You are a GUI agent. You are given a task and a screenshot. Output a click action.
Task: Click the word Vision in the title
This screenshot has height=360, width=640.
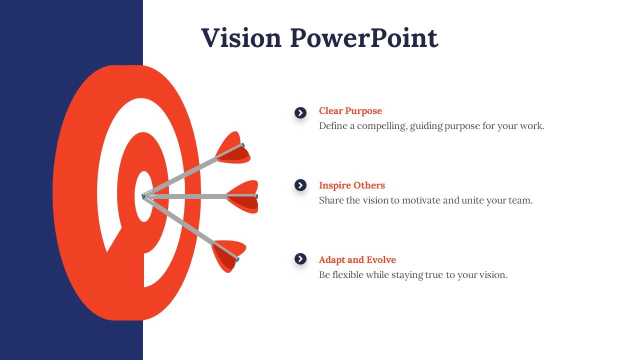click(x=241, y=37)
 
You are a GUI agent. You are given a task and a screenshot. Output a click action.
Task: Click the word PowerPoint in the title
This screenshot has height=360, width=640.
click(x=364, y=37)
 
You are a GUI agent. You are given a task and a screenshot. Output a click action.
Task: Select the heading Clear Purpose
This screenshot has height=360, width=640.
click(x=350, y=111)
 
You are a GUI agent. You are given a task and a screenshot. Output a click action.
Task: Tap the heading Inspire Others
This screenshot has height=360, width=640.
click(x=352, y=185)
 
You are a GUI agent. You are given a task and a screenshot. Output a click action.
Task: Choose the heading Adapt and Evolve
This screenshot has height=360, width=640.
click(x=357, y=259)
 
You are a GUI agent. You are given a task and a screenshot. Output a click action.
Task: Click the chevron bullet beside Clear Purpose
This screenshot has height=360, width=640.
click(x=300, y=113)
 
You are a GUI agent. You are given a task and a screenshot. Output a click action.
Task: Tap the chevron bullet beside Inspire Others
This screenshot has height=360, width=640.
click(x=300, y=185)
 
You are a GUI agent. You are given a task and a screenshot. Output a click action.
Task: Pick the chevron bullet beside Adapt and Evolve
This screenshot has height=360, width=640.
click(x=300, y=259)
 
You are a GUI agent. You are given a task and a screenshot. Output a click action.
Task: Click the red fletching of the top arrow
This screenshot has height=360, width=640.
click(x=233, y=148)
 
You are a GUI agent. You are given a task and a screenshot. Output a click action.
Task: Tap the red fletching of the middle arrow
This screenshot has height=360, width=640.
click(x=243, y=196)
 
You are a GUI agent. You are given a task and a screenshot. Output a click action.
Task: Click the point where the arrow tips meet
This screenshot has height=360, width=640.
click(x=143, y=196)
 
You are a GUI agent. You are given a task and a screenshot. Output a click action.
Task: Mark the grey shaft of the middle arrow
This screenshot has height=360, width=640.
click(x=200, y=196)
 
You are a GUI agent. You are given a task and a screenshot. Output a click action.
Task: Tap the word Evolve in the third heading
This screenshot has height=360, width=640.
click(x=381, y=259)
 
